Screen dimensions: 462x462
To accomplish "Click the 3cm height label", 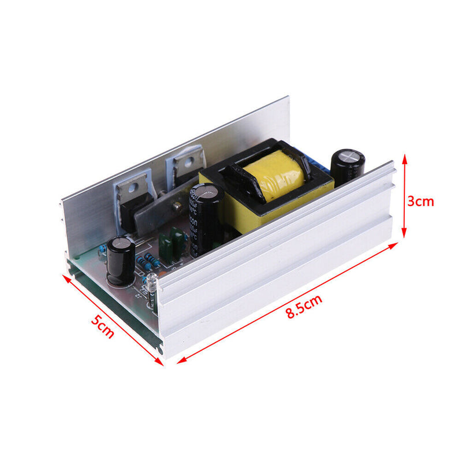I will tap(420, 202).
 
